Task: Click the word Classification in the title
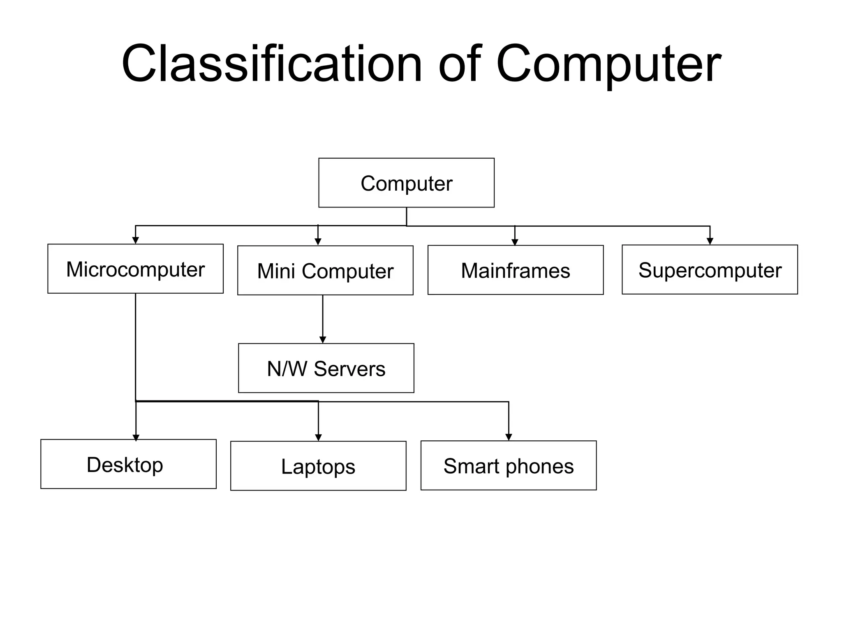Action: coord(271,64)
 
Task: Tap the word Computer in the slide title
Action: coord(608,64)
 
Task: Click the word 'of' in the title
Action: coord(460,64)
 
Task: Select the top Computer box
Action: coord(406,183)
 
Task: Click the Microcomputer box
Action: coord(135,269)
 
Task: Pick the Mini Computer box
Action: coord(325,271)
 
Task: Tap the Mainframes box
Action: coord(515,270)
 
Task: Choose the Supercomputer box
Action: coord(710,270)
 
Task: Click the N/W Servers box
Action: coord(326,368)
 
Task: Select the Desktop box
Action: coord(128,464)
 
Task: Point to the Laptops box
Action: coord(318,466)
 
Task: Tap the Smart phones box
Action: coord(509,465)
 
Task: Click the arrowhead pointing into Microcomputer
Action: coord(135,241)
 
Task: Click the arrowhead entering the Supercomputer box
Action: coord(710,241)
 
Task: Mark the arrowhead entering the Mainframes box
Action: coord(515,242)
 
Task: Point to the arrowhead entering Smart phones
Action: coord(509,437)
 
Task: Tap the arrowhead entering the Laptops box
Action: coord(318,438)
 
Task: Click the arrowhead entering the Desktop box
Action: coord(136,438)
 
